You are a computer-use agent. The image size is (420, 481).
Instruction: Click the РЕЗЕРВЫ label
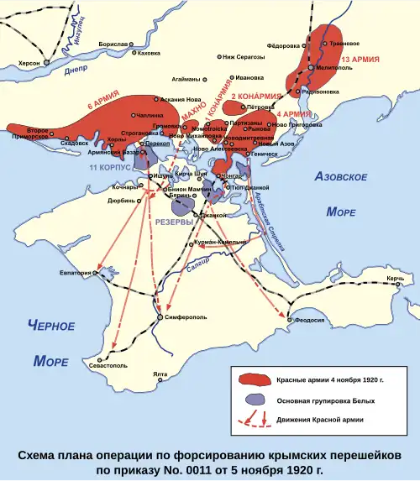174,220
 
